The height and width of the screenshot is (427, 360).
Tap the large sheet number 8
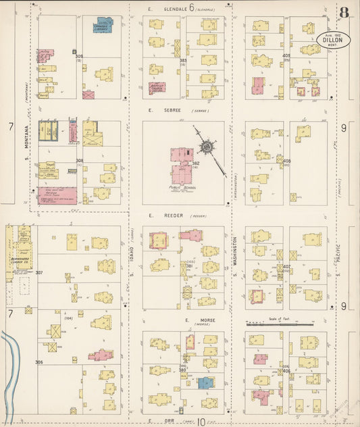[x=344, y=11]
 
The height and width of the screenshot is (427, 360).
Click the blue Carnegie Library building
[x=103, y=25]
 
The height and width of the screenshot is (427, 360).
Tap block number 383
[x=182, y=61]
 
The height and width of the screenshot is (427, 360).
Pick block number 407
[x=286, y=266]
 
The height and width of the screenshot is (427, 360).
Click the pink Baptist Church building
[x=157, y=87]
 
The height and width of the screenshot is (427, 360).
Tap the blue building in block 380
[x=205, y=382]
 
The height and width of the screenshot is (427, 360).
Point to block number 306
[x=40, y=362]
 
